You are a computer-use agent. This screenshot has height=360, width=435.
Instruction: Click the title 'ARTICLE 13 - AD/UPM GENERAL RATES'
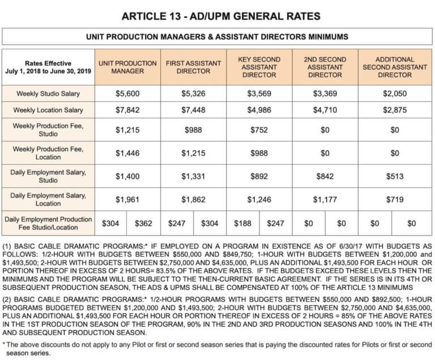click(217, 16)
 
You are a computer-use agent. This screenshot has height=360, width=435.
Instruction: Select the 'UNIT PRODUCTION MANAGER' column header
click(127, 67)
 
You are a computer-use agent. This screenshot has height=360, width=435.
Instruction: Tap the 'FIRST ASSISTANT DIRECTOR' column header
click(193, 67)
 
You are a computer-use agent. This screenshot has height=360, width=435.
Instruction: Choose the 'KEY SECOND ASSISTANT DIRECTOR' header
click(259, 67)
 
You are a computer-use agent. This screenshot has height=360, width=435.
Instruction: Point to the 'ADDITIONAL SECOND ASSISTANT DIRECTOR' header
click(395, 67)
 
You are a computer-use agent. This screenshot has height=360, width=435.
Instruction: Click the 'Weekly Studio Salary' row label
click(48, 93)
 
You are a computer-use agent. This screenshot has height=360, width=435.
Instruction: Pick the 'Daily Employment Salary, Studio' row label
click(48, 178)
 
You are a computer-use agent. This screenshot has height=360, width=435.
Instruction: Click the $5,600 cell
click(127, 93)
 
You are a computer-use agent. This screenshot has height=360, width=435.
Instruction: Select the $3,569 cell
click(259, 93)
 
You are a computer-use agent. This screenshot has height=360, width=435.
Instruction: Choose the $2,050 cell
click(395, 93)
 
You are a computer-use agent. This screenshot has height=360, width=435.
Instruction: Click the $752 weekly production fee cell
click(259, 131)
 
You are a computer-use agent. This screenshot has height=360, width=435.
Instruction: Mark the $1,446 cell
click(127, 153)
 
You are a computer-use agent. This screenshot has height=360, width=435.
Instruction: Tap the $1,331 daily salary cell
click(193, 178)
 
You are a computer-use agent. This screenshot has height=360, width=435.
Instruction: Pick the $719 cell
click(395, 199)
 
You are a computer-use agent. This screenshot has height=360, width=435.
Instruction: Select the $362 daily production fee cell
click(144, 224)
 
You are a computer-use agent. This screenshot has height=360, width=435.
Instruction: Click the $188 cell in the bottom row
click(242, 224)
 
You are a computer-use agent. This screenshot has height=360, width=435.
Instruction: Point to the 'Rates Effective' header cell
click(48, 67)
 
